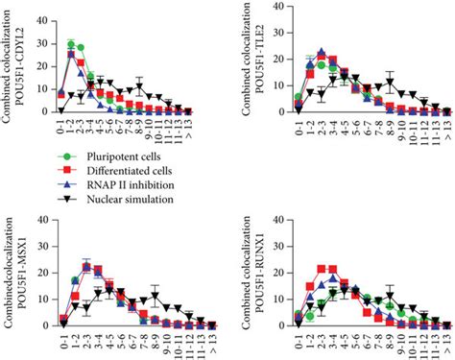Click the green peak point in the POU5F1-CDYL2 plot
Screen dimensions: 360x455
click(71, 44)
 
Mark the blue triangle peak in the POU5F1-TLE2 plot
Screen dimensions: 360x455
click(321, 53)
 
